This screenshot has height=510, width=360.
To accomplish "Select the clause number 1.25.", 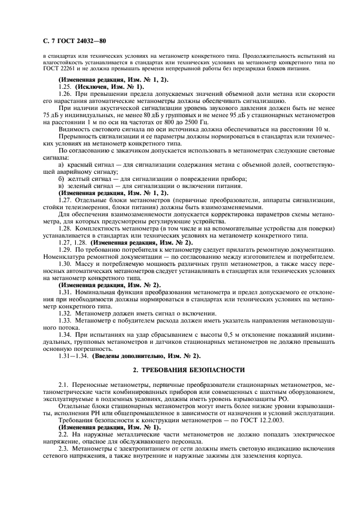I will coord(65,87).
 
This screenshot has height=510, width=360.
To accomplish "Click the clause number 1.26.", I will coord(65,94).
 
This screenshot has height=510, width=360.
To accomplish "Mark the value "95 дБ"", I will coord(230,116).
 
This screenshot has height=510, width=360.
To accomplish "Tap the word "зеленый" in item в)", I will coord(81,186).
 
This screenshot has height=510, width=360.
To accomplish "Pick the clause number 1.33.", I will coord(65,320).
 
